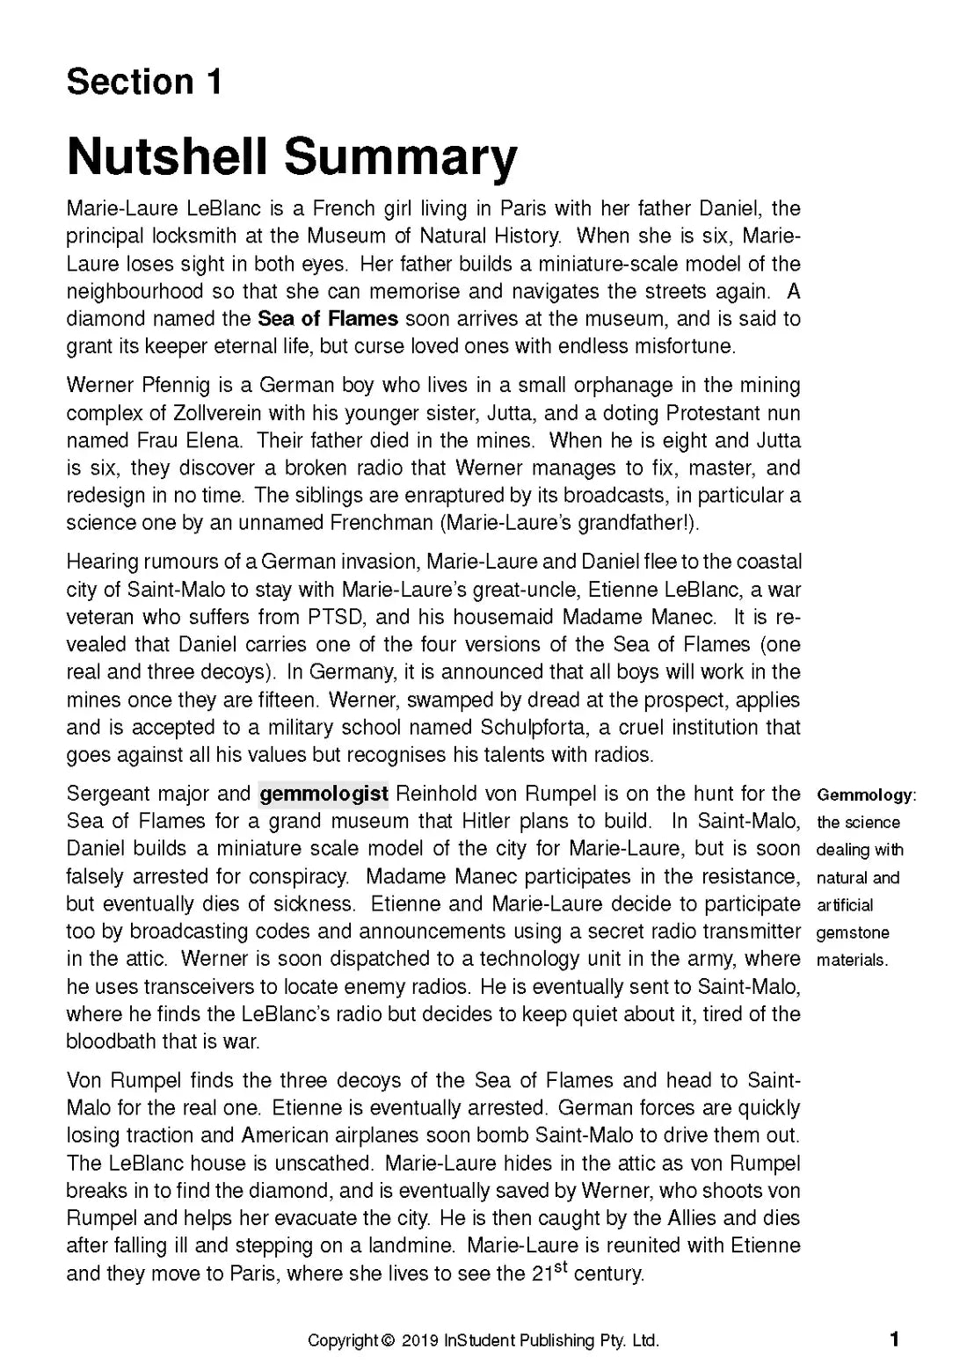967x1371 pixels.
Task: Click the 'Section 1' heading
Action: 144,82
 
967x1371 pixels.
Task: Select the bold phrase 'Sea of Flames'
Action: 328,318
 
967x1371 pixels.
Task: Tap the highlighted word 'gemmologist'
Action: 324,794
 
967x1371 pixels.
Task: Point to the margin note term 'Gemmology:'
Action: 866,795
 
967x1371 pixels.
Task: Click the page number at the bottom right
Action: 894,1339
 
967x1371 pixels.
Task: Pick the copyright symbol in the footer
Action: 389,1341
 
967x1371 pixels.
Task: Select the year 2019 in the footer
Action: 420,1341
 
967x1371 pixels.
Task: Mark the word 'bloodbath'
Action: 110,1041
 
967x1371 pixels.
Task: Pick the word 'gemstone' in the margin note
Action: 853,932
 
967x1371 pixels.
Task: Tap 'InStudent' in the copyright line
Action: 479,1341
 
